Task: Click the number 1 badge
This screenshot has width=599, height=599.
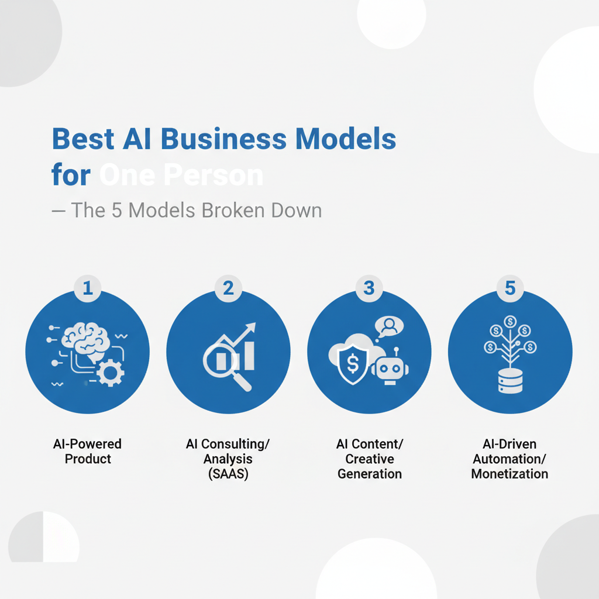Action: [88, 288]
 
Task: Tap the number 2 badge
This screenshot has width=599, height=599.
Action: [228, 288]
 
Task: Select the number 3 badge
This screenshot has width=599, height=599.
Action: [369, 288]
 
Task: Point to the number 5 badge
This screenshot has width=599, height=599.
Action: [510, 288]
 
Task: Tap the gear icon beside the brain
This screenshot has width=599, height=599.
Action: [109, 373]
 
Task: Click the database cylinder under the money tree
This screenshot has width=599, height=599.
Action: [510, 381]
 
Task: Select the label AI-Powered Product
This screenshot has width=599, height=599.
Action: [88, 452]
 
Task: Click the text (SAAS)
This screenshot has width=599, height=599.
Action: [228, 474]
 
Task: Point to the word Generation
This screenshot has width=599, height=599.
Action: [369, 474]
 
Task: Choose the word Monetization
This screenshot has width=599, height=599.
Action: [510, 474]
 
